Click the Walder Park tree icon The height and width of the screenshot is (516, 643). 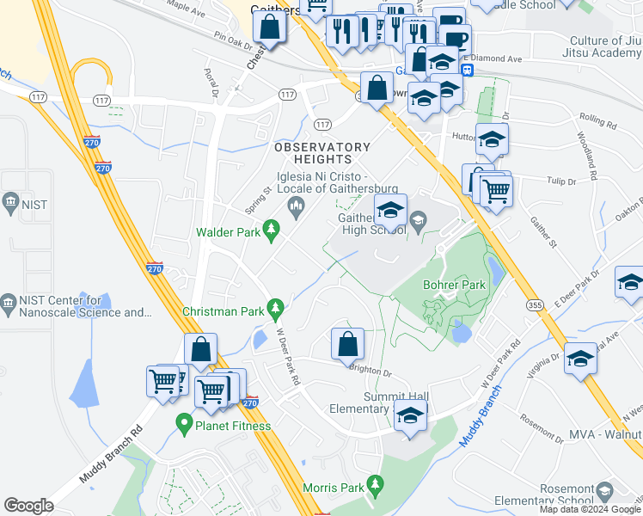272,229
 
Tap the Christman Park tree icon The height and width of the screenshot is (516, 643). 276,307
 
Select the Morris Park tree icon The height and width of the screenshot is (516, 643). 374,485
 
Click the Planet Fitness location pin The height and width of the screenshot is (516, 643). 183,422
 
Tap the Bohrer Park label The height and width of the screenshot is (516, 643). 454,285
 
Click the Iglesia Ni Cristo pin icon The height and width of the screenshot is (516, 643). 297,205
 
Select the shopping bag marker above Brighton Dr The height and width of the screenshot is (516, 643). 347,344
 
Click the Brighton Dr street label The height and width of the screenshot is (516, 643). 370,372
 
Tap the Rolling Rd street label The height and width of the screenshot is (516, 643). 598,124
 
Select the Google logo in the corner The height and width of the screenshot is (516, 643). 28,506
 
